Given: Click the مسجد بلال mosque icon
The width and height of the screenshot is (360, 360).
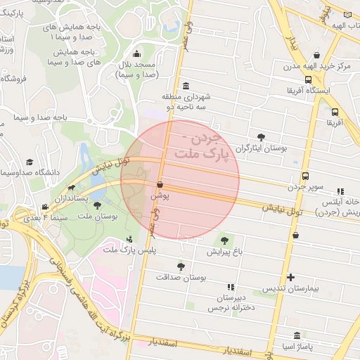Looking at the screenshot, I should coord(136,54).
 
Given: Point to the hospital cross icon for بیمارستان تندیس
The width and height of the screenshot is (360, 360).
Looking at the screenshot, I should coord(291,277).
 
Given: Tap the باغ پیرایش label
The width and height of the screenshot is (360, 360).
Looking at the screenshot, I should coord(224,251).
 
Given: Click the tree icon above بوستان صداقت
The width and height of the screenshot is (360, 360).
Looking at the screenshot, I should coord(181,266).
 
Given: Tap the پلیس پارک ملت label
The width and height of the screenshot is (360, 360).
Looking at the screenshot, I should coord(129,250).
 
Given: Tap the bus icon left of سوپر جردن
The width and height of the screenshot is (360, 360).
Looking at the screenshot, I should coord(305,176).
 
